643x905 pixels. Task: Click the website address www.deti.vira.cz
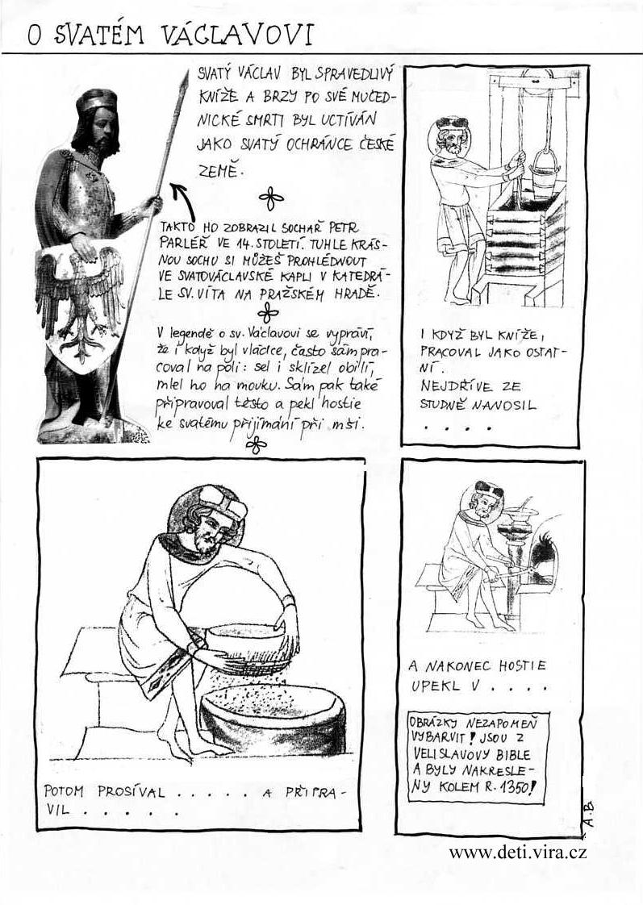point(518,852)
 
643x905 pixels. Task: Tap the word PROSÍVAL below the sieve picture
point(131,791)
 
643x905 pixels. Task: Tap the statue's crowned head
point(96,119)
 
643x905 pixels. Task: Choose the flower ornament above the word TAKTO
point(271,199)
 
